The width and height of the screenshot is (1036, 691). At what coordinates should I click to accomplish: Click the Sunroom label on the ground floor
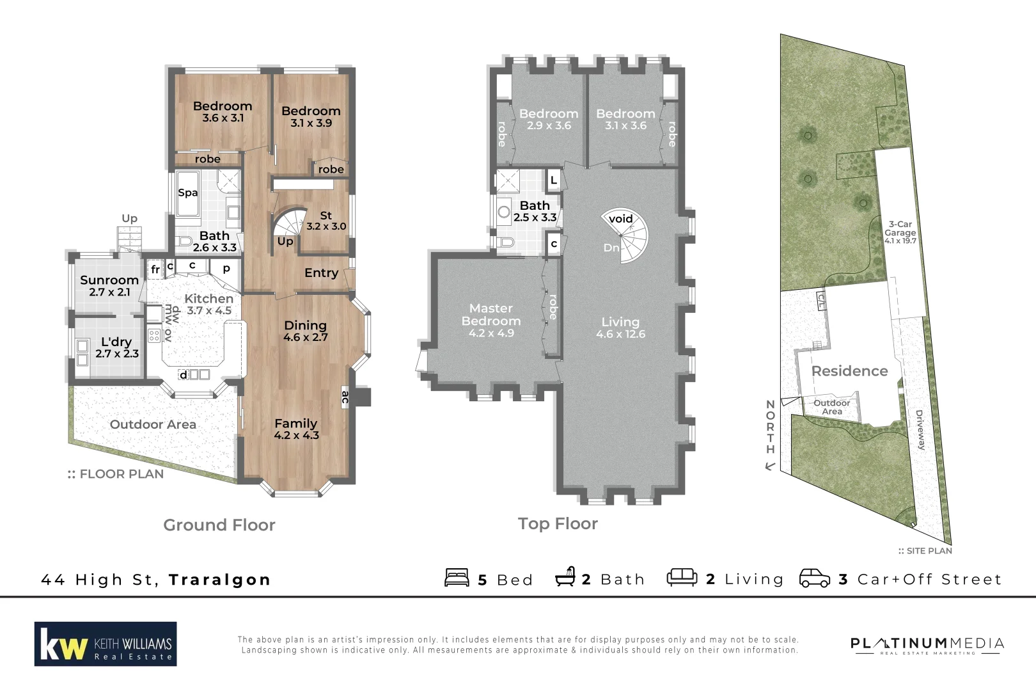click(x=109, y=280)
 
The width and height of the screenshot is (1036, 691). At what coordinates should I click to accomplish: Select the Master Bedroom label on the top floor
click(x=491, y=315)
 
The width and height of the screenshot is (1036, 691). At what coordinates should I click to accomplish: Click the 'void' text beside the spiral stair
click(x=620, y=219)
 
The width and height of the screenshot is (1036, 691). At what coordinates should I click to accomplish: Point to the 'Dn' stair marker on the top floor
click(x=611, y=248)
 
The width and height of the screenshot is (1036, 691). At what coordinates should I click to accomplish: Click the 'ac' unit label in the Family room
click(x=345, y=397)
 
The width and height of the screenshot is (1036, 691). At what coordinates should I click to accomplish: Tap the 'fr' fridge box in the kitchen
click(x=155, y=270)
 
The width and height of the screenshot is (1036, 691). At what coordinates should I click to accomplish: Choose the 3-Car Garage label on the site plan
click(x=900, y=228)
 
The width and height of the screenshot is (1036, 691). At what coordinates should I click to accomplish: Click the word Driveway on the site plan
click(x=920, y=430)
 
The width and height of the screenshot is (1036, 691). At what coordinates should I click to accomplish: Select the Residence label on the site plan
click(x=849, y=371)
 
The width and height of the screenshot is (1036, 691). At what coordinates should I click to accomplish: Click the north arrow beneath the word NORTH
click(x=770, y=466)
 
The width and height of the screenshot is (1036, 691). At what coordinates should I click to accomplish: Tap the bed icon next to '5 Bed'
click(x=457, y=578)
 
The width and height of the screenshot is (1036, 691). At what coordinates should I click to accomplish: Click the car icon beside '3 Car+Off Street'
click(x=815, y=578)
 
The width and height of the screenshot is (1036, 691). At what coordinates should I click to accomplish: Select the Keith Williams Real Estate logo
click(x=106, y=644)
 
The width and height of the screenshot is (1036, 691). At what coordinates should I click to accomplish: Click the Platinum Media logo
click(x=927, y=645)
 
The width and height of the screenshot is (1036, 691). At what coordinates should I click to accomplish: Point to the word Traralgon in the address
click(x=219, y=580)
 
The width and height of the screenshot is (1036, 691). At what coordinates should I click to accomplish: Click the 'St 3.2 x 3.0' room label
click(x=326, y=221)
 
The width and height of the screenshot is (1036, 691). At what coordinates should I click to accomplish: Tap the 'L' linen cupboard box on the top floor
click(x=554, y=180)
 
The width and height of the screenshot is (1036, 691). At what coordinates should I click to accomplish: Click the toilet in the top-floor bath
click(x=506, y=242)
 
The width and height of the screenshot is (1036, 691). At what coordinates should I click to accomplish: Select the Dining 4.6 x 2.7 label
click(x=305, y=331)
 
